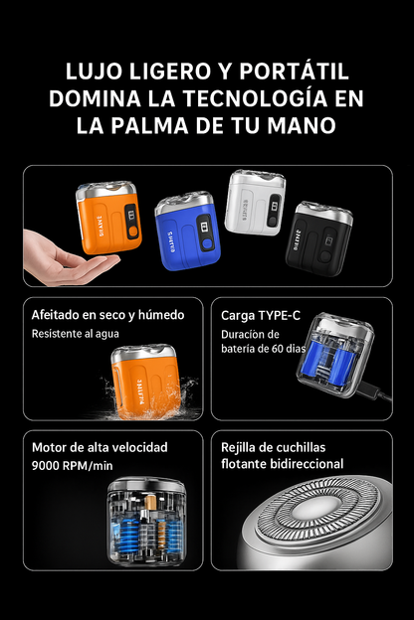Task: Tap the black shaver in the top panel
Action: coord(317,233)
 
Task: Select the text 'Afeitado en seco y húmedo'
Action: coord(107,315)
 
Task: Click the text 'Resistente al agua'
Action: coord(73,335)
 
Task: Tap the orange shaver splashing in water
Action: coord(147,381)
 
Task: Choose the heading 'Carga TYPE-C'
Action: coord(260,315)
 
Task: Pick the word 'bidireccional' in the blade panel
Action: coord(298,464)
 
